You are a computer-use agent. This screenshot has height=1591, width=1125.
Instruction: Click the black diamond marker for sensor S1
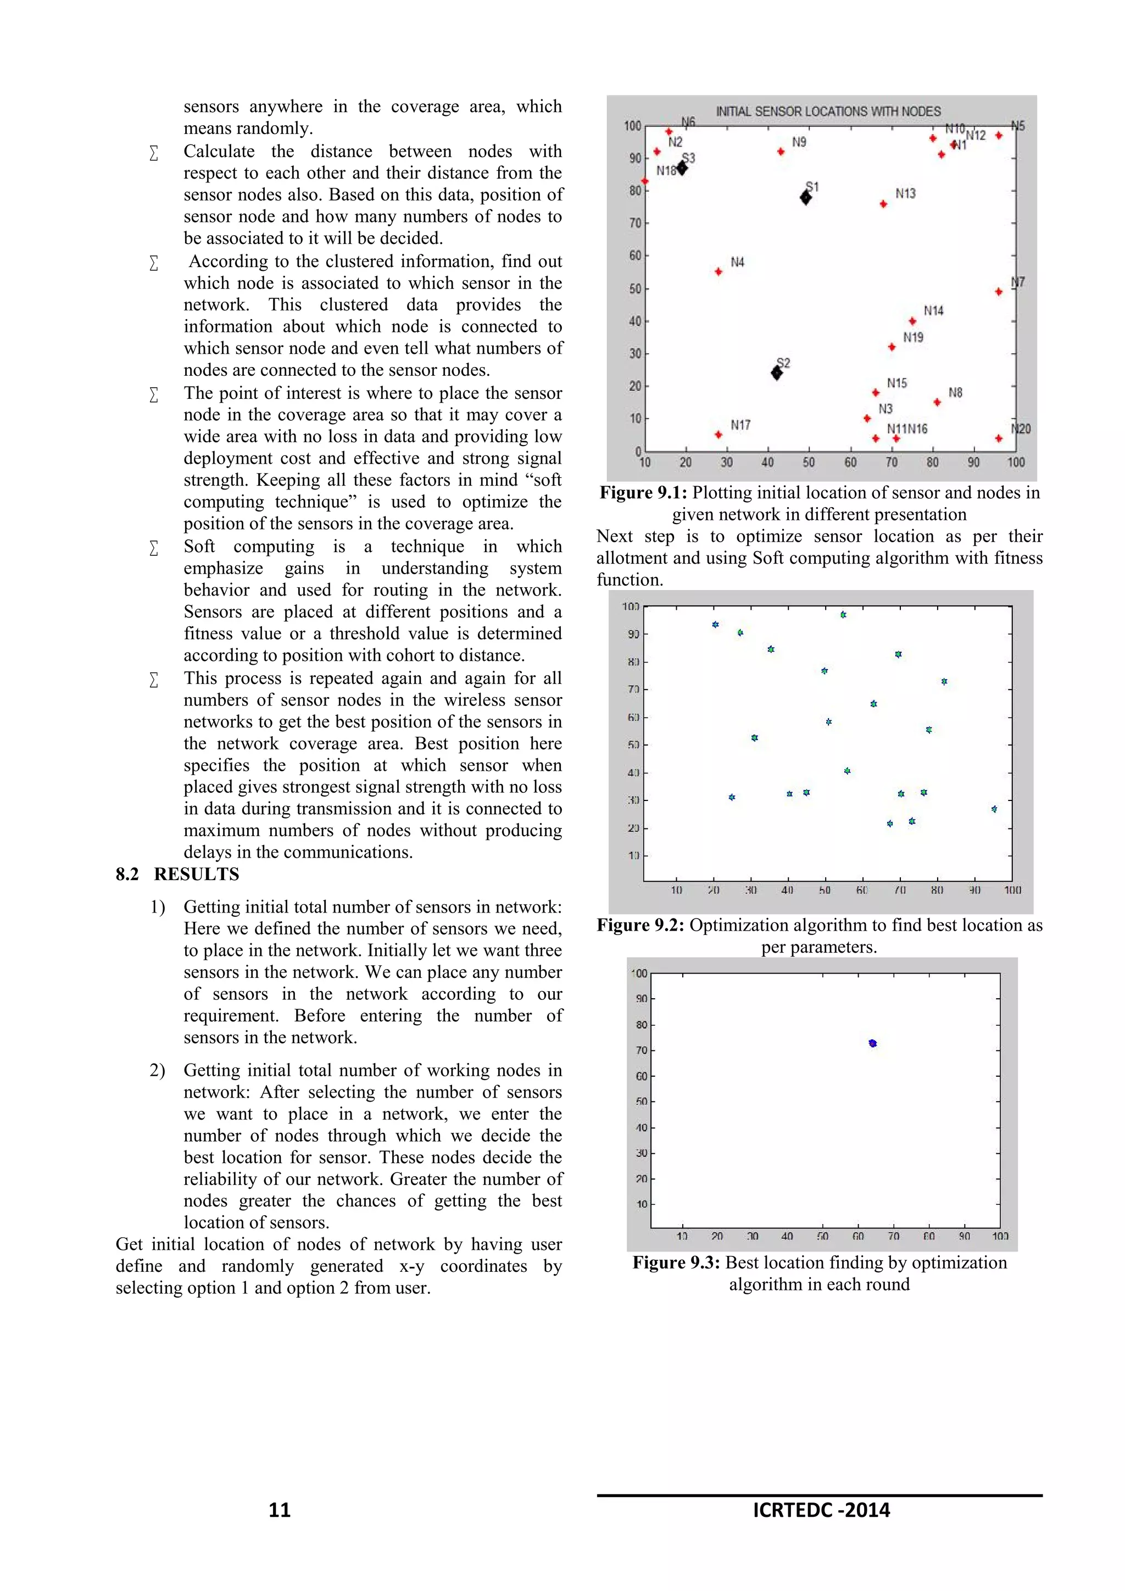tap(806, 197)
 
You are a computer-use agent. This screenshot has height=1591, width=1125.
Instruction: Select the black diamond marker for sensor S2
tap(777, 373)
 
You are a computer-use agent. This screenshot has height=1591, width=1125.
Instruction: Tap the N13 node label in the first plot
tap(905, 193)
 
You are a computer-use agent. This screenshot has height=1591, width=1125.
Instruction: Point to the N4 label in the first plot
tap(737, 262)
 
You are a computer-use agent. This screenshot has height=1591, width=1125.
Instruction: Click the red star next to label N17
tap(719, 435)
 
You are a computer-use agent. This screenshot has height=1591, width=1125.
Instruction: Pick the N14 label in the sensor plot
tap(933, 310)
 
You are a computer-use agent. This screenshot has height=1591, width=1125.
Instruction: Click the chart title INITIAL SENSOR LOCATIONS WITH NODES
tap(828, 111)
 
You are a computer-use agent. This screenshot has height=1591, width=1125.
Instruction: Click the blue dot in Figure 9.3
tap(872, 1043)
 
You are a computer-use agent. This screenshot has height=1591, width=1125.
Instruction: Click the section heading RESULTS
tap(196, 875)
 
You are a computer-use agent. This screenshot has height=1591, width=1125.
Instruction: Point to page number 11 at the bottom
tap(279, 1510)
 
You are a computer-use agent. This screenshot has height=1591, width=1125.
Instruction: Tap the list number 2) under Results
tap(157, 1071)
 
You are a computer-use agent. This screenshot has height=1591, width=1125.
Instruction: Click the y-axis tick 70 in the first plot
tap(634, 223)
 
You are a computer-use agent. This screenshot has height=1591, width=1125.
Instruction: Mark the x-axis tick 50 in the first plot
tap(809, 462)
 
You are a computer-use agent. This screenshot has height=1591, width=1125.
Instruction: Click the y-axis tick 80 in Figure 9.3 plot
tap(642, 1025)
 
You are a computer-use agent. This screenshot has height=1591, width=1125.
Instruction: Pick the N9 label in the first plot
tap(799, 142)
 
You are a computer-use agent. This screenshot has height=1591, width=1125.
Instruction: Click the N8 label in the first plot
tap(955, 392)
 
